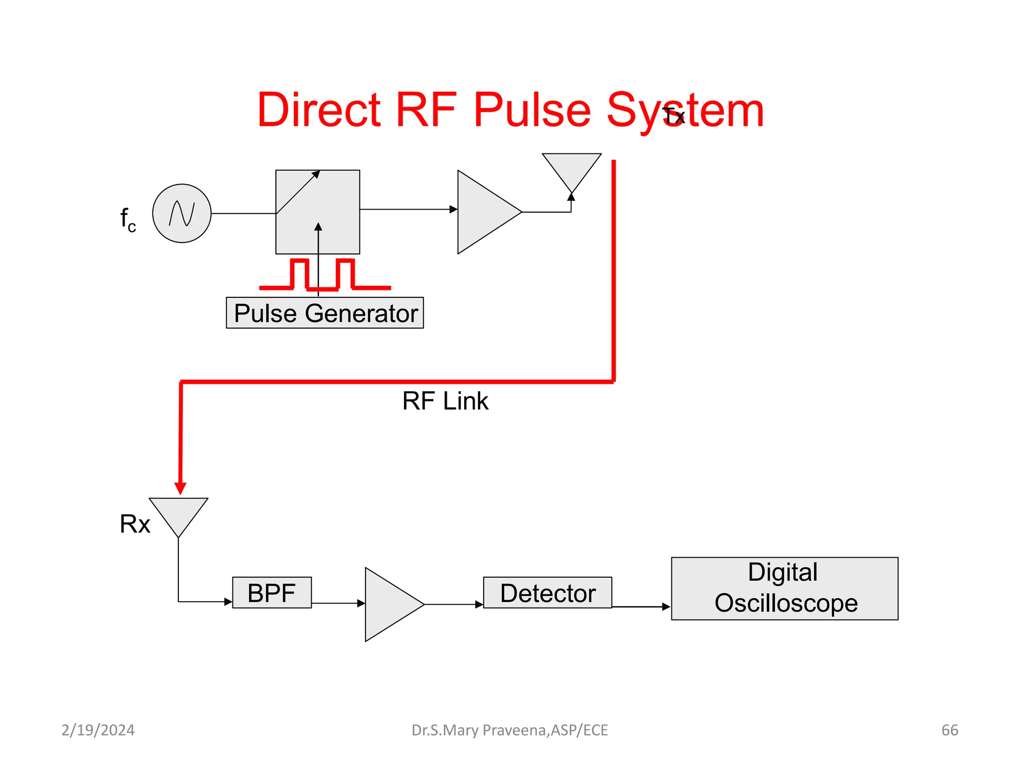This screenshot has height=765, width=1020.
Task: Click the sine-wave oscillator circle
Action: coord(182,214)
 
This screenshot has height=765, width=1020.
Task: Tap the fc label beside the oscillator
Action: coord(128,219)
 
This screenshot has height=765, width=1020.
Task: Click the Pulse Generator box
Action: coord(325,313)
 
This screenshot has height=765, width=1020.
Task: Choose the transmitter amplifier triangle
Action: coord(483,212)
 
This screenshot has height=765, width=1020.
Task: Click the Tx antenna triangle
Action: coord(571,168)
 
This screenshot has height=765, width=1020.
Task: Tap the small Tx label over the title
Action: coord(674,117)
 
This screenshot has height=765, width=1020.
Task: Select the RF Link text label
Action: coord(445,401)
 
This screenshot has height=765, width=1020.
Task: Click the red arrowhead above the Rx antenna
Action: coord(180,488)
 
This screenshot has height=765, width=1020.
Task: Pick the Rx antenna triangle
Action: coord(178,513)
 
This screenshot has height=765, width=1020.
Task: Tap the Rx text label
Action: coord(134,524)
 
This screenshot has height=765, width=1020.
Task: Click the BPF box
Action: coord(272,593)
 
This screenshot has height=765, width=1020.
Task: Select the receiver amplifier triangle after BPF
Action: coord(388,605)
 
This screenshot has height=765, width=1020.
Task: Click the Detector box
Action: coord(547,593)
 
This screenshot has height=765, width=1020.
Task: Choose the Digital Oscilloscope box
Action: coord(784,588)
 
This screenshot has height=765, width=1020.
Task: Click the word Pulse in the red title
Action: coord(531,110)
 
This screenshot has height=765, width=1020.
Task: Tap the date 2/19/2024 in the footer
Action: coord(98,730)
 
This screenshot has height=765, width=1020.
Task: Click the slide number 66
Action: coord(950,730)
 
